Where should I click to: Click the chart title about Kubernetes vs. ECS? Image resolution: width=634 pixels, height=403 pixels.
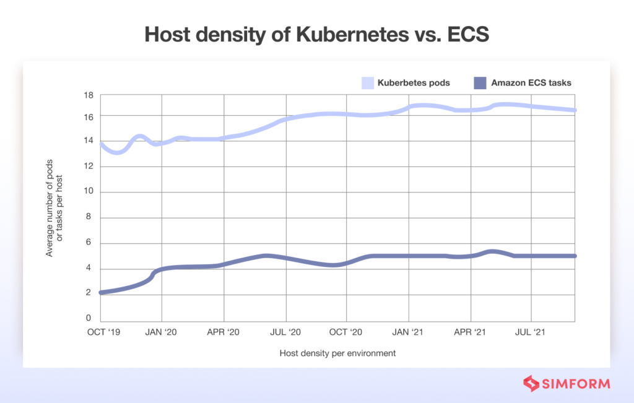316,35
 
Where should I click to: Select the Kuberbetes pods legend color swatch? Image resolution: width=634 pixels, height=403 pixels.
368,82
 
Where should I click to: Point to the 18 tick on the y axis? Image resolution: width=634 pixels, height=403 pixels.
88,95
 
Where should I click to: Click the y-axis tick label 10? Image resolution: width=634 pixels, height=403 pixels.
88,192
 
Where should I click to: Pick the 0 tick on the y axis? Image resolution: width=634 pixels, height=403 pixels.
89,318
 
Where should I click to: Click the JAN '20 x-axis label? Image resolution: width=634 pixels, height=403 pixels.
162,332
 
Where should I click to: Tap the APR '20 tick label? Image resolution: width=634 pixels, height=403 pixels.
224,332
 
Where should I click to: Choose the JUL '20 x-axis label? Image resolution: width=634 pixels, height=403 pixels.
285,332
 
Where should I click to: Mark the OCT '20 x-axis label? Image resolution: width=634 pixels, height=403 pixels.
347,332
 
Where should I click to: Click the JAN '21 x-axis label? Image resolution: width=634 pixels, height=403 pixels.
409,332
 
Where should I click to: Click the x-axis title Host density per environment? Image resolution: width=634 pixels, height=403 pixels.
337,353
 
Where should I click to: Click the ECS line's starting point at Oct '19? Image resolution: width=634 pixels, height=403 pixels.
102,292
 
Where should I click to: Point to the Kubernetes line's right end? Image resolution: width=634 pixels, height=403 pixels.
575,110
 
